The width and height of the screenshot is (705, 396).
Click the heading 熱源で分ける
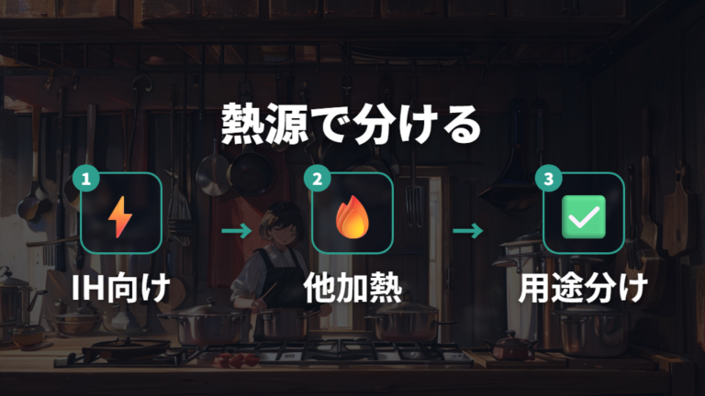coord(352,125)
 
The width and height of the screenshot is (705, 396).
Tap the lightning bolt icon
coord(120,217)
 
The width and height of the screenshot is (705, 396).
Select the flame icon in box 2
coord(352,216)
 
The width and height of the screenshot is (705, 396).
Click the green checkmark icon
coord(584,217)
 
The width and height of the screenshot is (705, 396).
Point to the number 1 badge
coord(86,179)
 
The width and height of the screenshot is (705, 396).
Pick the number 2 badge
coord(317,179)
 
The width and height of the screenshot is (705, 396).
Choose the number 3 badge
coord(549,179)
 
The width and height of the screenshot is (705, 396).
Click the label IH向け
coord(121,288)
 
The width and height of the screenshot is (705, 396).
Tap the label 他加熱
coord(352,288)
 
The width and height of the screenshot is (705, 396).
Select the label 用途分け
coord(584,288)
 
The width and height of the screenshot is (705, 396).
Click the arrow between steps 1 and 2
coord(237,231)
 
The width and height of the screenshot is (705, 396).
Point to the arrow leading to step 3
coord(468,231)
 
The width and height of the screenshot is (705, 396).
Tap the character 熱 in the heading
coord(242,125)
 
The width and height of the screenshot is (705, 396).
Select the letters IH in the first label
coord(87,288)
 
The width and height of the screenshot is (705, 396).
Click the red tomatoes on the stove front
coord(237,359)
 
